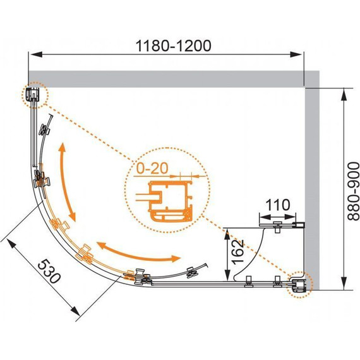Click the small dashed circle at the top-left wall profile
33,95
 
